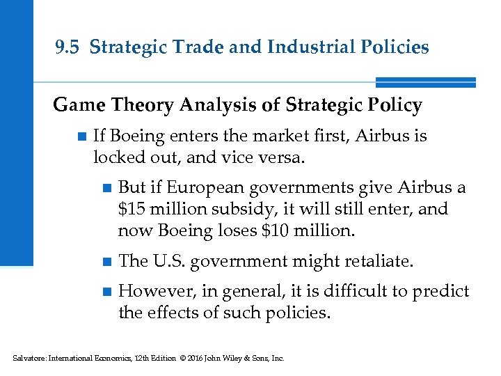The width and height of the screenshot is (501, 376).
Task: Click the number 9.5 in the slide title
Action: [x=69, y=47]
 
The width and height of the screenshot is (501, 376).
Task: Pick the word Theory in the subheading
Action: [x=137, y=105]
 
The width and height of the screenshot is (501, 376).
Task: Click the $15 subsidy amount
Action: [x=132, y=209]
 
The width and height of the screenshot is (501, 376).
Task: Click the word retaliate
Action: [x=379, y=261]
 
